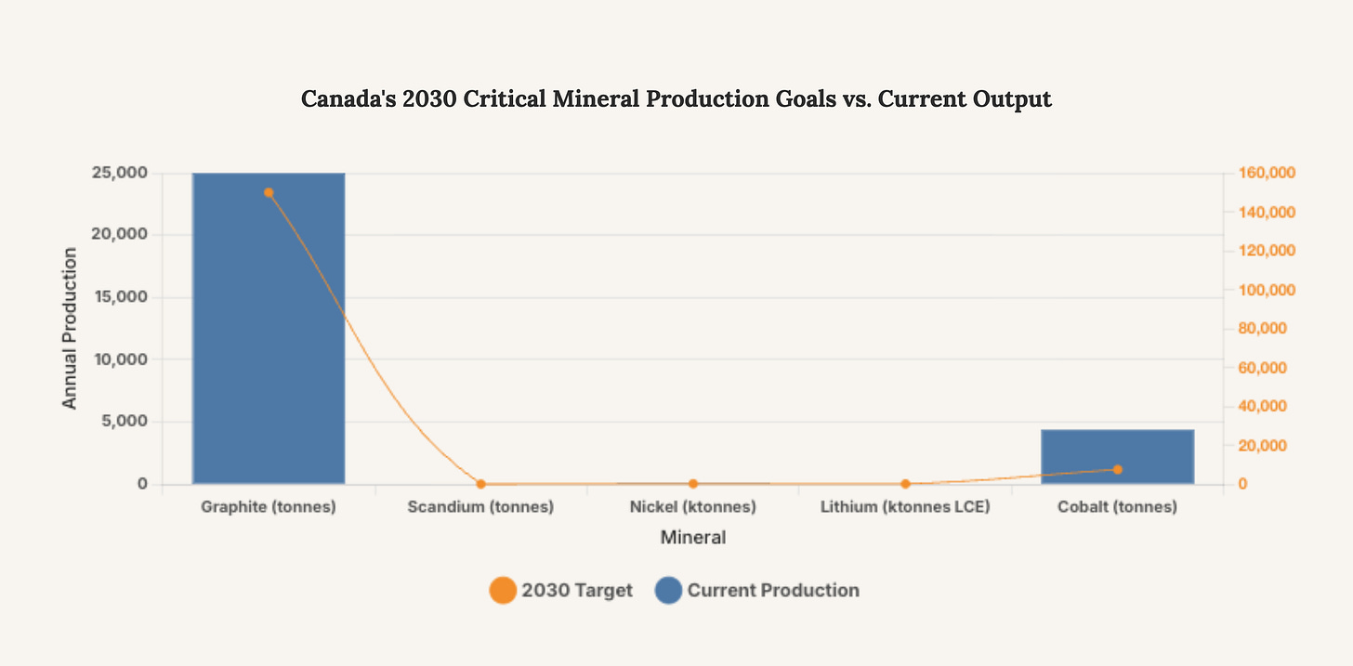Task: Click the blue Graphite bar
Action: tap(269, 328)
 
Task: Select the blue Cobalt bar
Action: tap(1117, 456)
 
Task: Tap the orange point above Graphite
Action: tap(269, 193)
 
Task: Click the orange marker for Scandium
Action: tap(480, 484)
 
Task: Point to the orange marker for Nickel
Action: tap(693, 484)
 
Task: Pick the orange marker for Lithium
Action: tap(905, 484)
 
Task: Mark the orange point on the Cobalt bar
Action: tap(1118, 470)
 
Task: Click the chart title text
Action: tap(676, 99)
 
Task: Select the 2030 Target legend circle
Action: tap(503, 590)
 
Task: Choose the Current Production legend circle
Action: tap(668, 590)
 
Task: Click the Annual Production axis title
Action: tap(70, 328)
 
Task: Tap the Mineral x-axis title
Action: tap(692, 538)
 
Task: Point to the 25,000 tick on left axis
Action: tap(120, 173)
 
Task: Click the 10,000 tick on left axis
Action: tap(120, 359)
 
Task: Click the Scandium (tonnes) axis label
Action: tap(480, 508)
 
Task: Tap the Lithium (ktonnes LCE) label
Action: tap(905, 508)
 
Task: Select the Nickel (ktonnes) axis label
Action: tap(692, 508)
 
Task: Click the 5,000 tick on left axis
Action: tap(124, 422)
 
